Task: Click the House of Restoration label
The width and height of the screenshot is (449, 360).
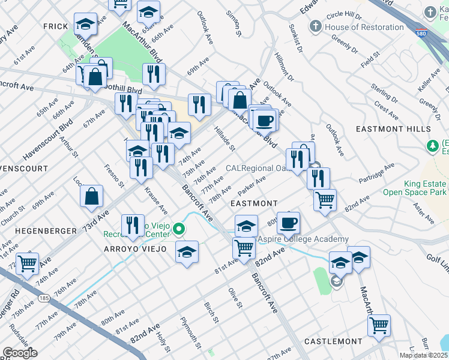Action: click(364, 27)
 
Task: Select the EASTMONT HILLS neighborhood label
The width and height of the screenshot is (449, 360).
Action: click(390, 129)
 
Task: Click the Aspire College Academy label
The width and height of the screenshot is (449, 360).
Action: click(303, 239)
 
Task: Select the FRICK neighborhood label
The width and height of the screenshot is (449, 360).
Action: click(58, 26)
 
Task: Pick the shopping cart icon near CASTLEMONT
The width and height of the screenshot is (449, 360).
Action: click(379, 325)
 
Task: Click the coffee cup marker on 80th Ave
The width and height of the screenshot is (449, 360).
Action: click(288, 223)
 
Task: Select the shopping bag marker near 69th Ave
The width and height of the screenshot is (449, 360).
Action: click(91, 196)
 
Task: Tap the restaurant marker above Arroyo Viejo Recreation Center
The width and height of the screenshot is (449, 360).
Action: click(133, 226)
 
